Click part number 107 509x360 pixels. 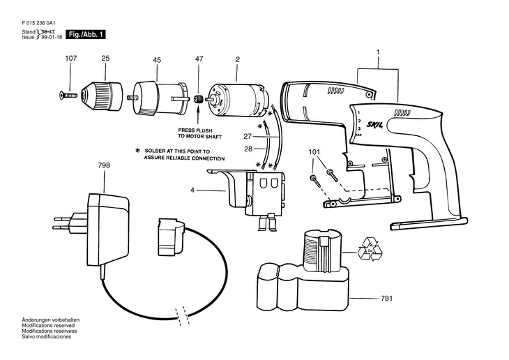pos(70,58)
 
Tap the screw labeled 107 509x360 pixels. pos(68,95)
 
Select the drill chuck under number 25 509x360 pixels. pos(102,95)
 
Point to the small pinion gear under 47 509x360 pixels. pos(198,98)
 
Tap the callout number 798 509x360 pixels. pos(104,165)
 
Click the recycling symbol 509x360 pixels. pos(370,249)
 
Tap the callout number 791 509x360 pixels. pos(386,299)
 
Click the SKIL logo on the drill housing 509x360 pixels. pos(375,124)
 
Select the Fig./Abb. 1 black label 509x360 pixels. pos(86,34)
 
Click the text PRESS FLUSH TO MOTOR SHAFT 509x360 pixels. pos(199,133)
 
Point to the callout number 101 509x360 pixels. pos(314,151)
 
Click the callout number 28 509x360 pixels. pos(248,149)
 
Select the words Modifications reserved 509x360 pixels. pos(48,325)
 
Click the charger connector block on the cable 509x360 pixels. pos(170,237)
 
